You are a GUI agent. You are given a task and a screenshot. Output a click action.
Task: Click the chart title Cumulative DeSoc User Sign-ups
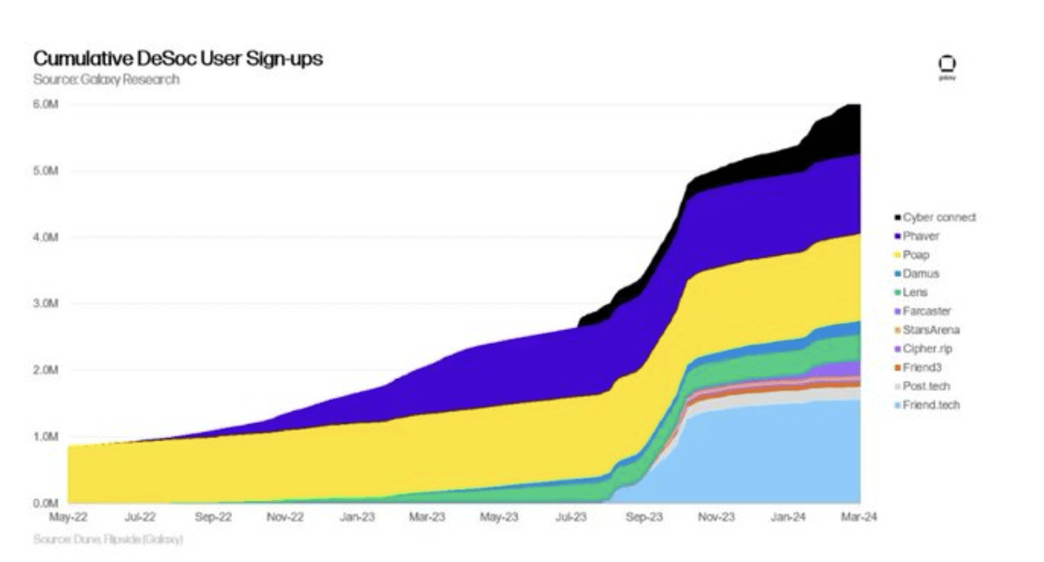(x=178, y=59)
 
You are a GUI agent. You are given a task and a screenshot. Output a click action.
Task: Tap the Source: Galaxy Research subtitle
(x=107, y=79)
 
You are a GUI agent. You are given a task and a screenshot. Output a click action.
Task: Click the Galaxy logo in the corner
(x=947, y=66)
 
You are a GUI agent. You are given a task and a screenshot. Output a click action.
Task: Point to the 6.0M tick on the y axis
(x=46, y=104)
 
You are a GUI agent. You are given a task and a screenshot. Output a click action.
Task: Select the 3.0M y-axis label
(x=46, y=303)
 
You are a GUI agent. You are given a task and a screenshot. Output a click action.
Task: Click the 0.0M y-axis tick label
(x=46, y=503)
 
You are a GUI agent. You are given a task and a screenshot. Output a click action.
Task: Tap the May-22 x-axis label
(x=68, y=517)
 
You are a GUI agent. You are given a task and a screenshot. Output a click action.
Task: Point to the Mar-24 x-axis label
(x=857, y=517)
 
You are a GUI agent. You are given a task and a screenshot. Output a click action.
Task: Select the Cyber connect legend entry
(x=938, y=217)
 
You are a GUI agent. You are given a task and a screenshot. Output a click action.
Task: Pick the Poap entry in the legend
(x=916, y=255)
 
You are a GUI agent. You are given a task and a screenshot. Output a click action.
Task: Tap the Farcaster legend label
(x=926, y=311)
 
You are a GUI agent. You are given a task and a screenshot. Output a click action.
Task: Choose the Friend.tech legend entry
(x=930, y=405)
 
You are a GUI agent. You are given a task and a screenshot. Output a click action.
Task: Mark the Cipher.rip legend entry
(x=927, y=349)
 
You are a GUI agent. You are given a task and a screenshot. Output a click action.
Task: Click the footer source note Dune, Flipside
(x=108, y=540)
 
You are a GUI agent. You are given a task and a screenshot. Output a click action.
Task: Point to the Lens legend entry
(x=916, y=292)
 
